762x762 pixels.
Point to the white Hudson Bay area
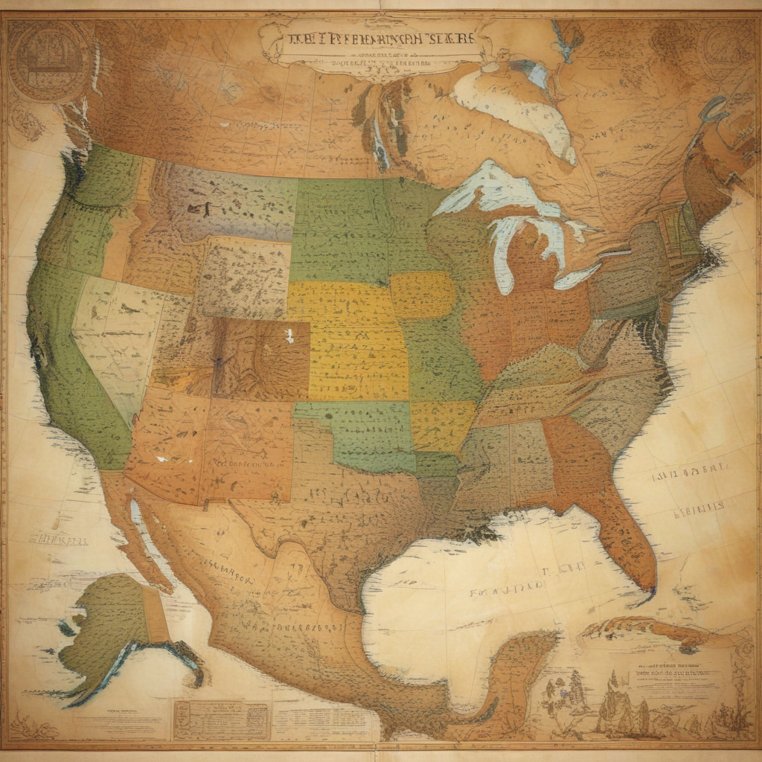[513, 104]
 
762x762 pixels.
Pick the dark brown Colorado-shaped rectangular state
[260, 357]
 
